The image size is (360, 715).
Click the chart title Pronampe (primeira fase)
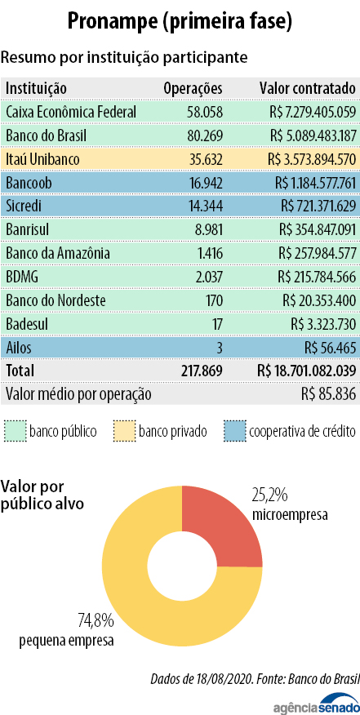(x=180, y=22)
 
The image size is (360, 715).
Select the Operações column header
(x=193, y=87)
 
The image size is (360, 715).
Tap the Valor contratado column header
(x=308, y=87)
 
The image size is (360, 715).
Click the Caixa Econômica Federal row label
(x=71, y=112)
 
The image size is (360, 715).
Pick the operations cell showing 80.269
(x=204, y=135)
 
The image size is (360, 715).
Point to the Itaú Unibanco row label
(x=43, y=160)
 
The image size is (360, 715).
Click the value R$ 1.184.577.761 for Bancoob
(x=315, y=183)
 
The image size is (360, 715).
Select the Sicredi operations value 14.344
(x=205, y=207)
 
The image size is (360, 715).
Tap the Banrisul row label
(x=29, y=230)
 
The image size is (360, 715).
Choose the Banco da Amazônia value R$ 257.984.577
(x=316, y=254)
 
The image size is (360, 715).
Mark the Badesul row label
(x=27, y=325)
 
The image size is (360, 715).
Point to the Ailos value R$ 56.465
(x=330, y=349)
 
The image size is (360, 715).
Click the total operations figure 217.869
(x=201, y=371)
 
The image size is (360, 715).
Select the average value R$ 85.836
(x=328, y=394)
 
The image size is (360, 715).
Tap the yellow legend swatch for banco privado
(x=123, y=431)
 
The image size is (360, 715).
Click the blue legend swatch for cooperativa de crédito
(x=235, y=431)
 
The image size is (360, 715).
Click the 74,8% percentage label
(x=96, y=620)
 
